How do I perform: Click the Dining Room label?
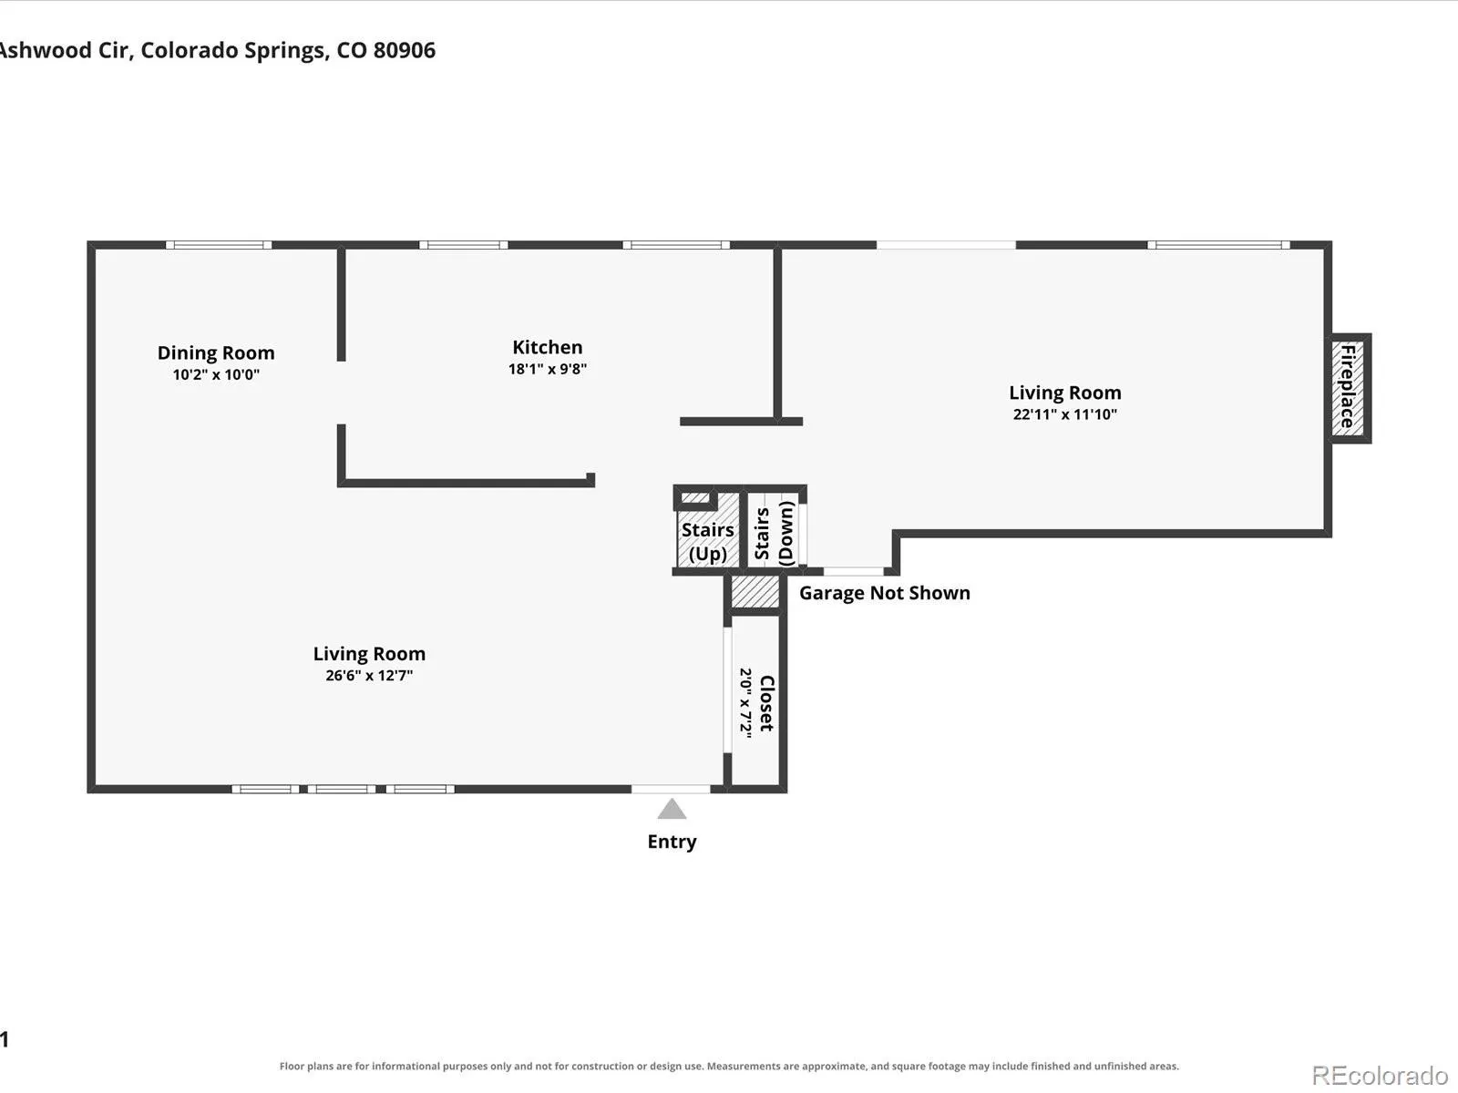[216, 352]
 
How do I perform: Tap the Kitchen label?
[548, 347]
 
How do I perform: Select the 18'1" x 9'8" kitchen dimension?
[548, 369]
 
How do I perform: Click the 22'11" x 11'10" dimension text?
[1064, 414]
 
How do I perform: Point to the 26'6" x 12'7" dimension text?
[369, 676]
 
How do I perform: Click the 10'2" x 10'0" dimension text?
[216, 374]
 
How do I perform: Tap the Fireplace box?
[1349, 388]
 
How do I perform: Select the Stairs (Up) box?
[707, 529]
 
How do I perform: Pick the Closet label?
[766, 703]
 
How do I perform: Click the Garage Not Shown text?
[884, 593]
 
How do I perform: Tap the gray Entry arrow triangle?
[672, 809]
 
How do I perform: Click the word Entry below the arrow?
[672, 842]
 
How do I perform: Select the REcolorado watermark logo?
[1380, 1075]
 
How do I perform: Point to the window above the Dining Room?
[219, 245]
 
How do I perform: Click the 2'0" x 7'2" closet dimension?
[746, 703]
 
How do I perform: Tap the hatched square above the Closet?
[755, 591]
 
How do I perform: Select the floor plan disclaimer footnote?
[729, 1066]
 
